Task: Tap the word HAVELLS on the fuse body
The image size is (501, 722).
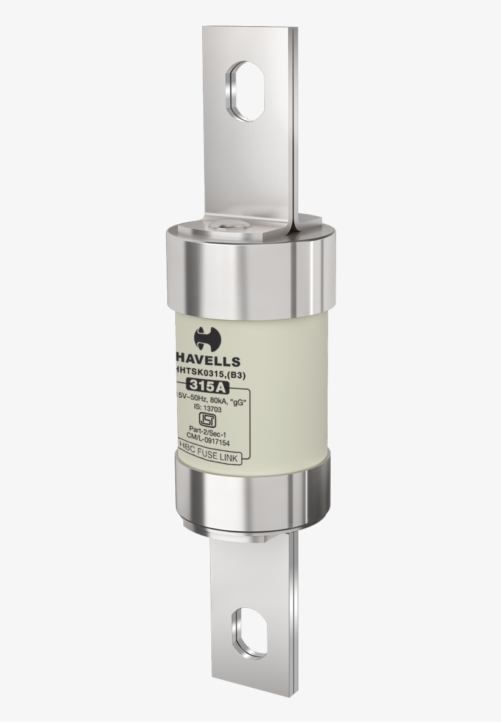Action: pyautogui.click(x=208, y=362)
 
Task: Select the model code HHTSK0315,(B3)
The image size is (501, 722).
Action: pyautogui.click(x=210, y=376)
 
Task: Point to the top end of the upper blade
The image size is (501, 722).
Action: pyautogui.click(x=252, y=34)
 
